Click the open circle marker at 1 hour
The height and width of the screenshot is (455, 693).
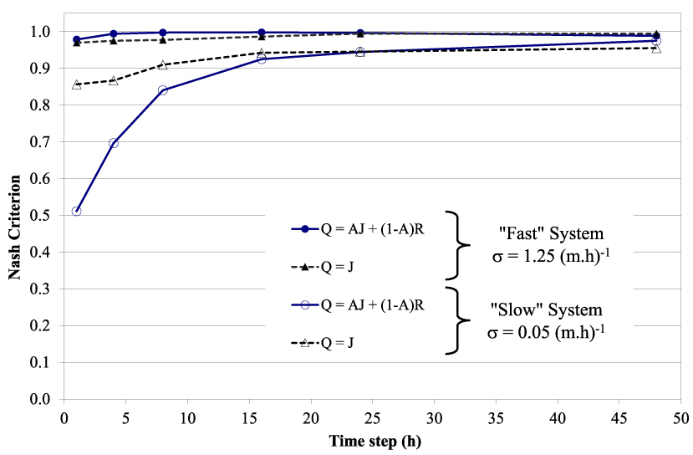coord(76,212)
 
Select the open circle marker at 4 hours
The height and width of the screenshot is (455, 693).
coord(114,143)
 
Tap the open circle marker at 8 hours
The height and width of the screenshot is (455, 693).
coord(163,90)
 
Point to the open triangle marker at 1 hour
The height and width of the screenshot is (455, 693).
coord(76,84)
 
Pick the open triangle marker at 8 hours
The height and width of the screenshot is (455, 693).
coord(163,65)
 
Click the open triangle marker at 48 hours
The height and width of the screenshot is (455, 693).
coord(656,49)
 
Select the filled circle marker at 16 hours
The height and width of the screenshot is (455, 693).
coord(262,33)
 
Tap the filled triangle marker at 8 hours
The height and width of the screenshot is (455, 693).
coord(163,40)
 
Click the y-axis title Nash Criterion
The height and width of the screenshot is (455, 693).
coord(14,227)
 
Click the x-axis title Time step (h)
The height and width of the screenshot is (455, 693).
coord(375,442)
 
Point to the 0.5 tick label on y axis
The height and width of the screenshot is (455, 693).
coord(40,215)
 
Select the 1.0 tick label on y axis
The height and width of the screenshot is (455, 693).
coord(40,32)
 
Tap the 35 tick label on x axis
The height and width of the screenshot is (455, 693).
coord(496,418)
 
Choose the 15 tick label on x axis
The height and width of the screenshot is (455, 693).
coord(249,418)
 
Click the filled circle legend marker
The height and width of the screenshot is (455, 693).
coord(304,229)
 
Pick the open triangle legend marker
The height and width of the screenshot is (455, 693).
coord(304,342)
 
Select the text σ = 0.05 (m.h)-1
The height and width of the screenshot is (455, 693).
coord(546,332)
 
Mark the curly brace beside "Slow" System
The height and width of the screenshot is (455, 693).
coord(458,320)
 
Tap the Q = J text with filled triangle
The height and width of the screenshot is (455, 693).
coord(337,267)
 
